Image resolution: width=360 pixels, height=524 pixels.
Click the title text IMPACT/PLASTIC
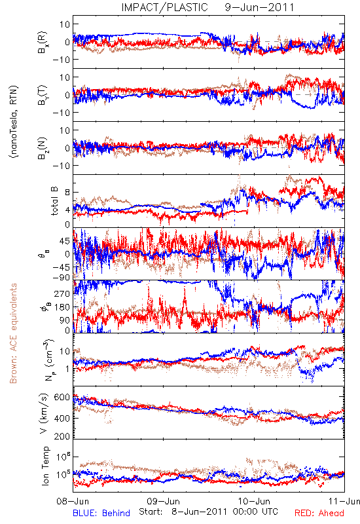tap(164, 7)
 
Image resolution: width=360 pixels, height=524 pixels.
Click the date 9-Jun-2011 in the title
tap(259, 7)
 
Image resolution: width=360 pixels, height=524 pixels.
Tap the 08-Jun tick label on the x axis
tap(73, 501)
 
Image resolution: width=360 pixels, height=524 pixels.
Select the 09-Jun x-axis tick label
tap(163, 501)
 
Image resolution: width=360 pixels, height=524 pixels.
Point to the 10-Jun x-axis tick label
tap(254, 501)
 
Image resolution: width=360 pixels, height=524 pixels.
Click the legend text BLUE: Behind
tap(101, 514)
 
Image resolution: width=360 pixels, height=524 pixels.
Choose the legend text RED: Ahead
tap(319, 514)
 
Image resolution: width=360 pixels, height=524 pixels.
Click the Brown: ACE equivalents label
tap(13, 333)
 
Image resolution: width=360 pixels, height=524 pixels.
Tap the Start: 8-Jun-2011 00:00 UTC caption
tap(208, 512)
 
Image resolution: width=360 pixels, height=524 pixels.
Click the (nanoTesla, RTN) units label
tap(14, 121)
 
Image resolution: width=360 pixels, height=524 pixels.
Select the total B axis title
tap(54, 201)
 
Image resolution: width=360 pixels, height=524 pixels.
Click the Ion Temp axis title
tap(45, 466)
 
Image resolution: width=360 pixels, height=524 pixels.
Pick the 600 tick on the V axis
tap(62, 398)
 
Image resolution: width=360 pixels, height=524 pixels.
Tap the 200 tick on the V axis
tap(62, 436)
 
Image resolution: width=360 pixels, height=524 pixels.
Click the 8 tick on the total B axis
tap(67, 192)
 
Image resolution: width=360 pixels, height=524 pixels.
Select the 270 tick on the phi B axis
tap(62, 293)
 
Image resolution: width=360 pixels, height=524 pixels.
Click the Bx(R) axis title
tap(43, 43)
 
